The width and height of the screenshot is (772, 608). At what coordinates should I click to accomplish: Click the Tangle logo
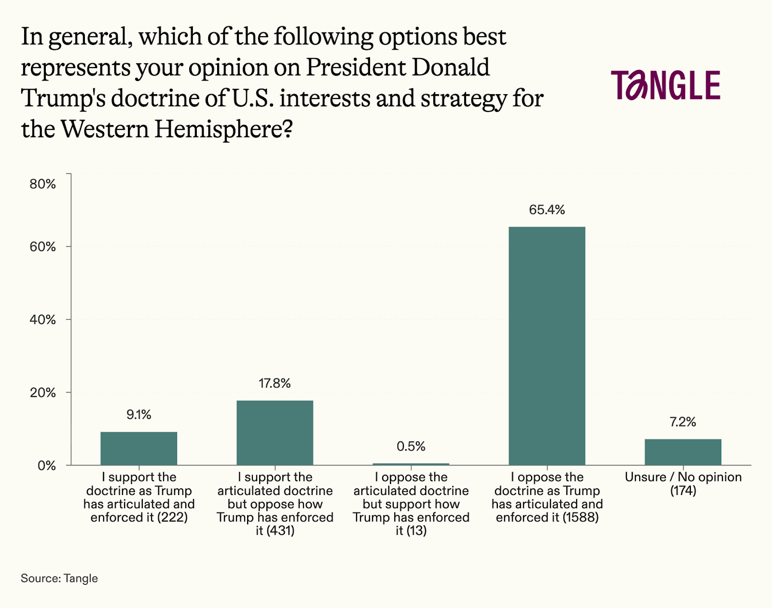[x=665, y=85]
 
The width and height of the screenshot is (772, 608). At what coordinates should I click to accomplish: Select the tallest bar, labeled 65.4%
[x=547, y=346]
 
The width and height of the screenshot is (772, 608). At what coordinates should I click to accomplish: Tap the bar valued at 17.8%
[x=275, y=433]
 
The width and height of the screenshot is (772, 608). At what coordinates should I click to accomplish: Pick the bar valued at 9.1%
[x=138, y=448]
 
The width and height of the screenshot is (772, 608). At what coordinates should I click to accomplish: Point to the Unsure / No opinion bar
[x=683, y=452]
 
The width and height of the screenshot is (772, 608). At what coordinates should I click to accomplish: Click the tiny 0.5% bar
[x=411, y=464]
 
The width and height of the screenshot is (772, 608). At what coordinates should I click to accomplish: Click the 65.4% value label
[x=547, y=210]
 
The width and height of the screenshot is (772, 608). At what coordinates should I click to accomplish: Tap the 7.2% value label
[x=683, y=422]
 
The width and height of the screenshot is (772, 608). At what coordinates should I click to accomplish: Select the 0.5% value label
[x=411, y=446]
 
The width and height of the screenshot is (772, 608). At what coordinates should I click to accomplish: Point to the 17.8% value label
[x=275, y=383]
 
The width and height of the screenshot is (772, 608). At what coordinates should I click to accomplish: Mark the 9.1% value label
[x=138, y=415]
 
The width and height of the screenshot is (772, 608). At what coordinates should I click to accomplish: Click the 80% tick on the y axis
[x=43, y=184]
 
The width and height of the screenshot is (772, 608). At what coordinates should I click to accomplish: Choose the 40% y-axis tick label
[x=43, y=320]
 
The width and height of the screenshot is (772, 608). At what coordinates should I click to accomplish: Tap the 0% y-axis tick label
[x=47, y=466]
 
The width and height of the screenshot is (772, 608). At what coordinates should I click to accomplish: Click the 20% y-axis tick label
[x=43, y=393]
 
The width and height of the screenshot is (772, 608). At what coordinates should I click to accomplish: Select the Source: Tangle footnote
[x=59, y=578]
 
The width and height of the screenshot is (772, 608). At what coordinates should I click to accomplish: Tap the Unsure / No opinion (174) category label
[x=683, y=483]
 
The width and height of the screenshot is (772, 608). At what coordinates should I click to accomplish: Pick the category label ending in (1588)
[x=547, y=497]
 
